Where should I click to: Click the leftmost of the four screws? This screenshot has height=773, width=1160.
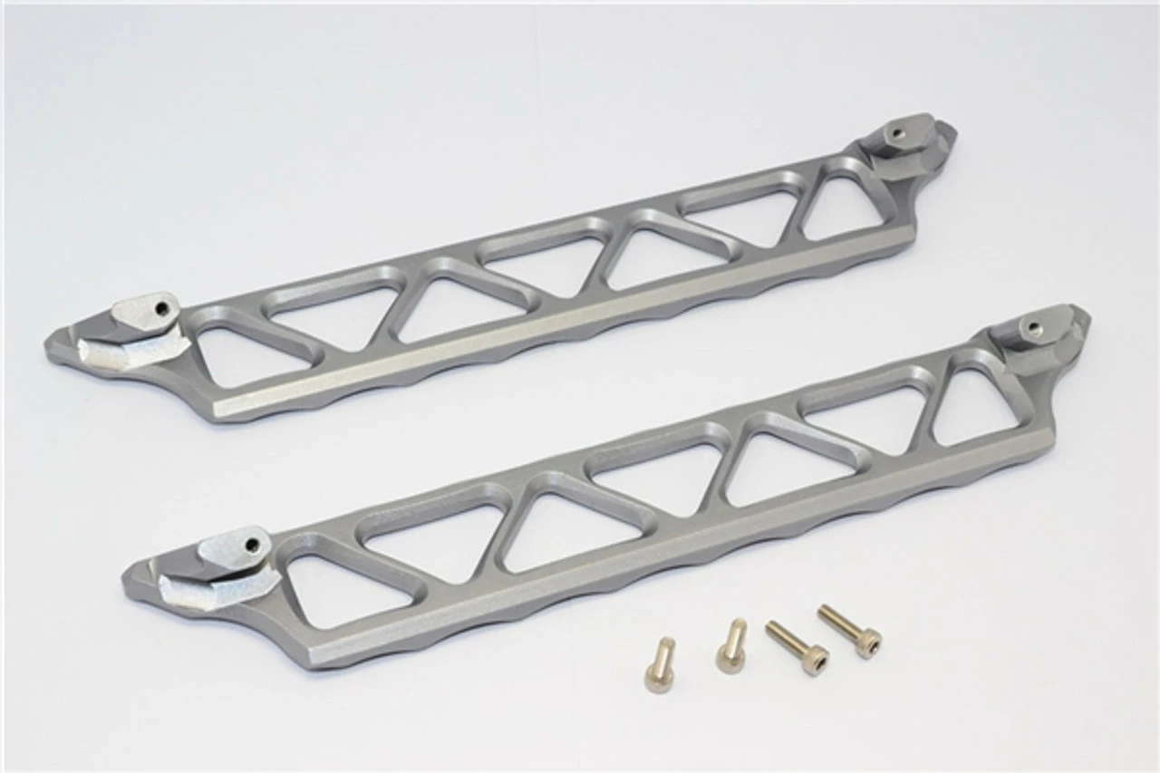click(x=660, y=663)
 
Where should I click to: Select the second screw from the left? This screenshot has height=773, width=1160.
click(x=731, y=645)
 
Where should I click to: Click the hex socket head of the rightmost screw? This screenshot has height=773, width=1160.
click(x=869, y=644)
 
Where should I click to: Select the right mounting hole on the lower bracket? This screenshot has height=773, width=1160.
click(x=1030, y=325)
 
